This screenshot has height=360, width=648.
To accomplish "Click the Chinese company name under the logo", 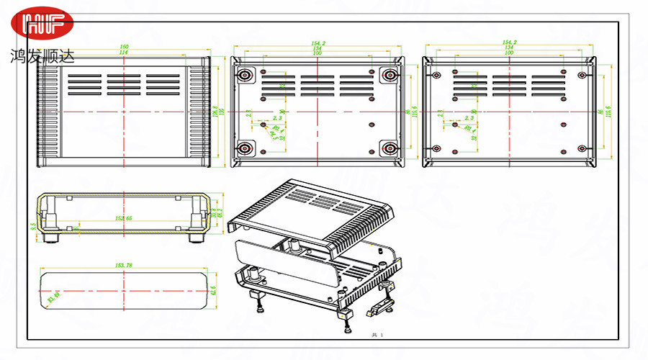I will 42,55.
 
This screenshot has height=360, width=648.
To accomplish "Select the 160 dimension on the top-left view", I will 124,48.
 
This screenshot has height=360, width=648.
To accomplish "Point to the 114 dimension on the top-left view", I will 124,53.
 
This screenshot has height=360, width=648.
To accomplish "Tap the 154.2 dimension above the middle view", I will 318,43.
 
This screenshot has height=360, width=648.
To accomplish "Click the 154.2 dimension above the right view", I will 510,43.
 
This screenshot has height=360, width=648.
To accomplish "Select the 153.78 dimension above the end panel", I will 125,266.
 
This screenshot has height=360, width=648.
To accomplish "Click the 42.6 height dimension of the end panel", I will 214,290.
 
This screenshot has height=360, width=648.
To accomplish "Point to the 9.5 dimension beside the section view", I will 34,226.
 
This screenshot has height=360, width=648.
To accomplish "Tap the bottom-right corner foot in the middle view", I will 391,148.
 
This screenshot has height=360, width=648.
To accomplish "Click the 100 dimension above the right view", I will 510,53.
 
